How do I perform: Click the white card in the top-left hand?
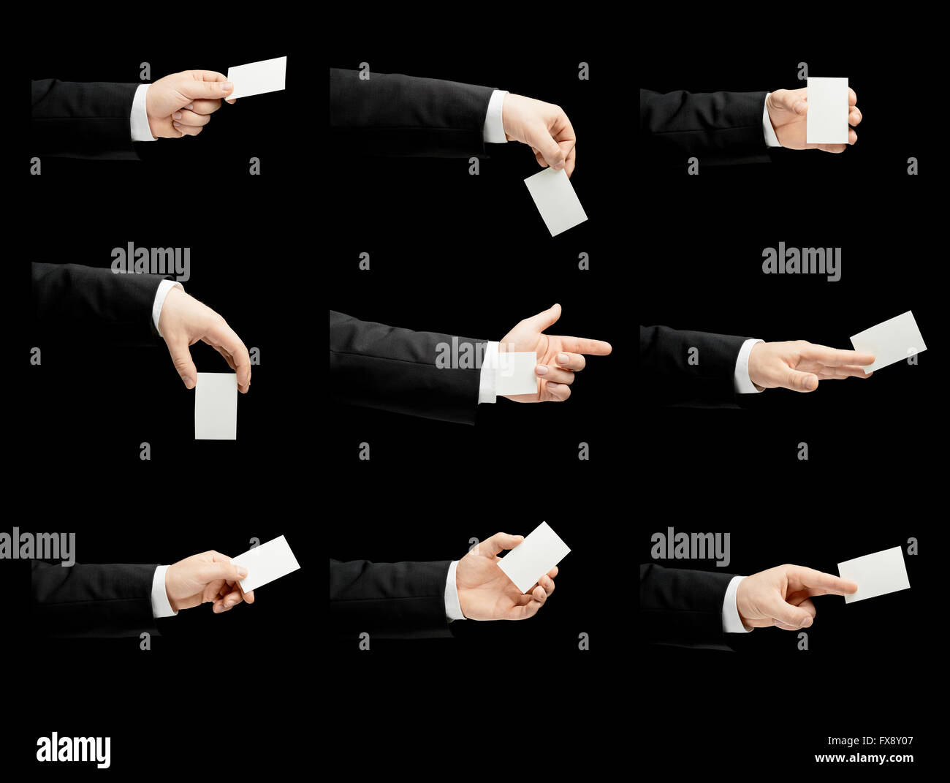point(256,77)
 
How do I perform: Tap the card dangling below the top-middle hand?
point(555,202)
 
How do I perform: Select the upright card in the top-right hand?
point(828,110)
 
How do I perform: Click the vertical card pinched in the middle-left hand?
point(216,406)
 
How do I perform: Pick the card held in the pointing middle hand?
point(517,374)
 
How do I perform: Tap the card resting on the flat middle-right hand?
point(888,341)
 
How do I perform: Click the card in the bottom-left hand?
point(266,564)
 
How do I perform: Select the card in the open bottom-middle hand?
point(533,557)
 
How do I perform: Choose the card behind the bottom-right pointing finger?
point(874,575)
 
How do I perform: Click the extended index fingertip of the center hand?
point(606,348)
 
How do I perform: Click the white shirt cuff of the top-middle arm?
point(495,116)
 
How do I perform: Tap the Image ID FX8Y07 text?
point(870,741)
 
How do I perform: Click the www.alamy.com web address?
point(864,758)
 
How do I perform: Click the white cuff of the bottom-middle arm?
point(455,591)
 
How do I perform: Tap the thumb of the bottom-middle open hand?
point(500,542)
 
